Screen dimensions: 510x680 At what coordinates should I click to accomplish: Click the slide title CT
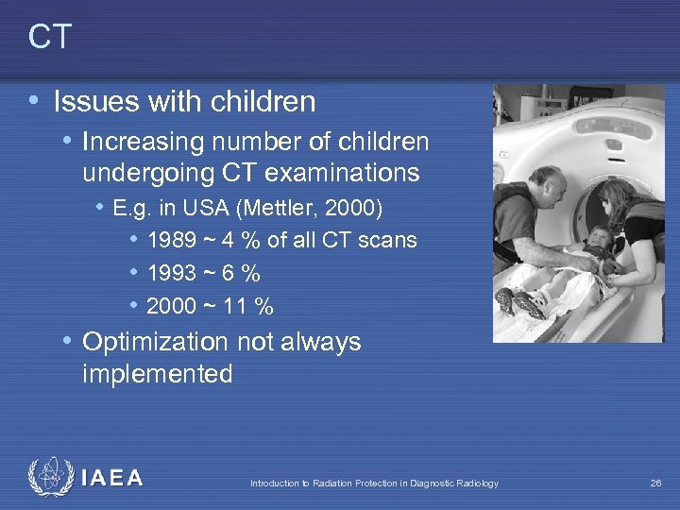50,37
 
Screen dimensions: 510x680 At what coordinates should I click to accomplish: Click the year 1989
174,241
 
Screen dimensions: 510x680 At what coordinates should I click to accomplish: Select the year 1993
174,274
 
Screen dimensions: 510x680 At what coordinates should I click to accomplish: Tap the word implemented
157,374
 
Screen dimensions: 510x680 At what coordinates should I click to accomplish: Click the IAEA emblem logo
49,478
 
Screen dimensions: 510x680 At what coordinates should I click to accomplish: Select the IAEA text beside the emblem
112,479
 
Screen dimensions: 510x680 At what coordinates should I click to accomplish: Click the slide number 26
655,484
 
